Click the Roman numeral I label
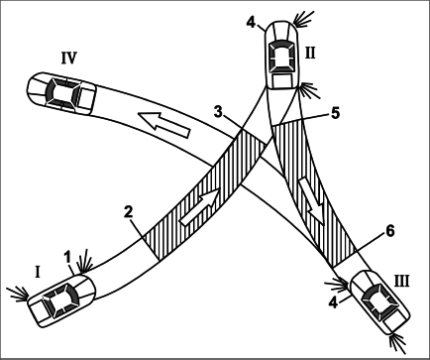point(38,273)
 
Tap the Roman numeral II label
point(310,53)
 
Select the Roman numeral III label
point(401,282)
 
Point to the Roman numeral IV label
point(69,58)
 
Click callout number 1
point(67,258)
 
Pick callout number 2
point(129,212)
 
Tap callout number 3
point(218,112)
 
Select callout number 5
point(335,113)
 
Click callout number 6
point(390,231)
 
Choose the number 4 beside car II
point(251,23)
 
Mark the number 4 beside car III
point(334,302)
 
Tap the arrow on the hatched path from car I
point(200,207)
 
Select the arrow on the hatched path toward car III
point(312,200)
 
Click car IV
point(61,93)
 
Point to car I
point(61,300)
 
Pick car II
point(281,55)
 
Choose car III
point(379,302)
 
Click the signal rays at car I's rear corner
point(17,294)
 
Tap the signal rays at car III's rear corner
point(398,344)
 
